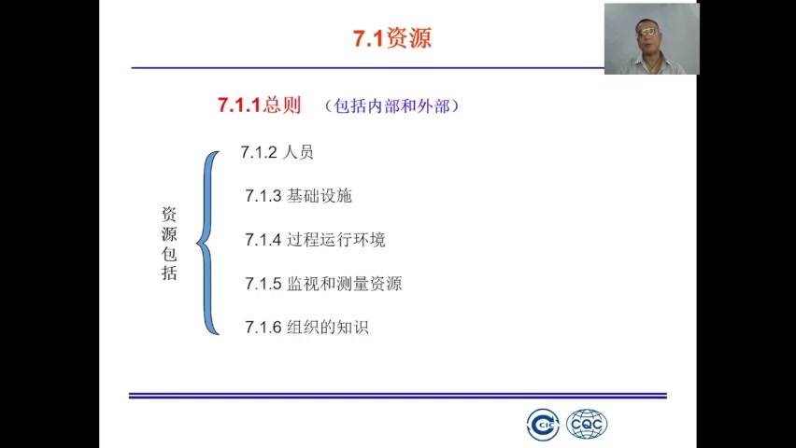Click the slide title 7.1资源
pos(392,38)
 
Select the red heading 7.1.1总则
pos(259,105)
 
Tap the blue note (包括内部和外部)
pos(392,105)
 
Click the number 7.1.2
pos(259,152)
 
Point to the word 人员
pos(298,152)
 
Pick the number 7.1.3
pos(263,196)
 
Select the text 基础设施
pos(320,196)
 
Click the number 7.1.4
pos(263,240)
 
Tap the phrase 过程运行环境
pos(336,240)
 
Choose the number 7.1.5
pos(263,284)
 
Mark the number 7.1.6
pos(263,328)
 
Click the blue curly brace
pos(208,243)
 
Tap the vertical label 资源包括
pos(169,244)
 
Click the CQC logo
pos(587,425)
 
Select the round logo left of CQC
pos(543,425)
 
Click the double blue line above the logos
pos(397,396)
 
